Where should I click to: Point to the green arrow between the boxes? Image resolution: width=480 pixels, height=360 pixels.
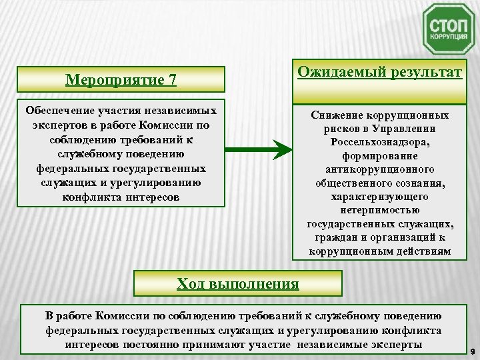(257, 148)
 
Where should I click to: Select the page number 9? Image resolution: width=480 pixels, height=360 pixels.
(471, 349)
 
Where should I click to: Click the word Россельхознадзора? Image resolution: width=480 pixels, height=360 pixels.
(380, 143)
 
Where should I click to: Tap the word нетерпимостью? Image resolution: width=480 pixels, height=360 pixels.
(380, 211)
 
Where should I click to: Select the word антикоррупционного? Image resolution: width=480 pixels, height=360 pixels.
(380, 170)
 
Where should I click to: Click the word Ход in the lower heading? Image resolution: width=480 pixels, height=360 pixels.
(191, 284)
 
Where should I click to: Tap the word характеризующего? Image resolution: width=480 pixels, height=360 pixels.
(380, 197)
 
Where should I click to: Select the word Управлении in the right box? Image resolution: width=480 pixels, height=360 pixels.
(409, 129)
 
